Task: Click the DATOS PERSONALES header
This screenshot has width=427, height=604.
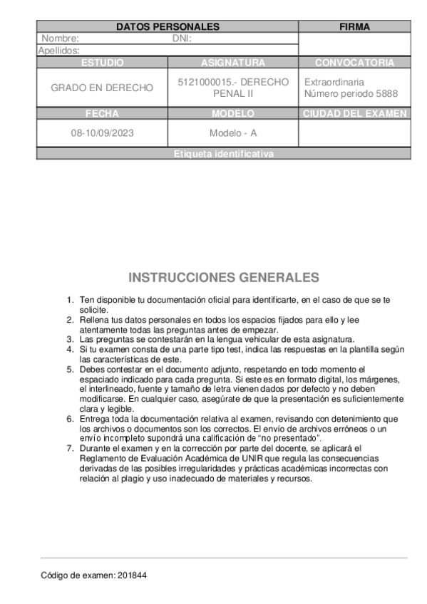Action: point(168,27)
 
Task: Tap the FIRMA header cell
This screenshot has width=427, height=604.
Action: point(354,27)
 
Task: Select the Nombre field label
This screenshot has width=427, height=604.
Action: point(60,38)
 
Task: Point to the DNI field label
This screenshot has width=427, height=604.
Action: point(182,38)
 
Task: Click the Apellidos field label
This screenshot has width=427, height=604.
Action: point(58,51)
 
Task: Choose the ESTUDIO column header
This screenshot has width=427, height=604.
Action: point(102,63)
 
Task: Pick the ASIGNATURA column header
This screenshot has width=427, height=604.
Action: point(233,63)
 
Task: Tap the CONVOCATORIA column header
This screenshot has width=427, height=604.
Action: point(354,63)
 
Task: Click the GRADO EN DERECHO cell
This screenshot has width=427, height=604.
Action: point(102,88)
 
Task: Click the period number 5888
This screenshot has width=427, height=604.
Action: point(386,93)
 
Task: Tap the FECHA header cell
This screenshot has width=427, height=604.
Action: point(102,113)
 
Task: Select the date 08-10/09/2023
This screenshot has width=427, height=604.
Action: point(102,133)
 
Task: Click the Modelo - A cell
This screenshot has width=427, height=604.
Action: point(233,133)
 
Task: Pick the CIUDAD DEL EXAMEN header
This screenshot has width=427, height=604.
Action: point(354,113)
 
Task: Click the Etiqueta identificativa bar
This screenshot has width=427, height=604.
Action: point(223,155)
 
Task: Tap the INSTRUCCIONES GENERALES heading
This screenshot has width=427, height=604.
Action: point(224,277)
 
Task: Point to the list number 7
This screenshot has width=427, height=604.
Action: point(69,449)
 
